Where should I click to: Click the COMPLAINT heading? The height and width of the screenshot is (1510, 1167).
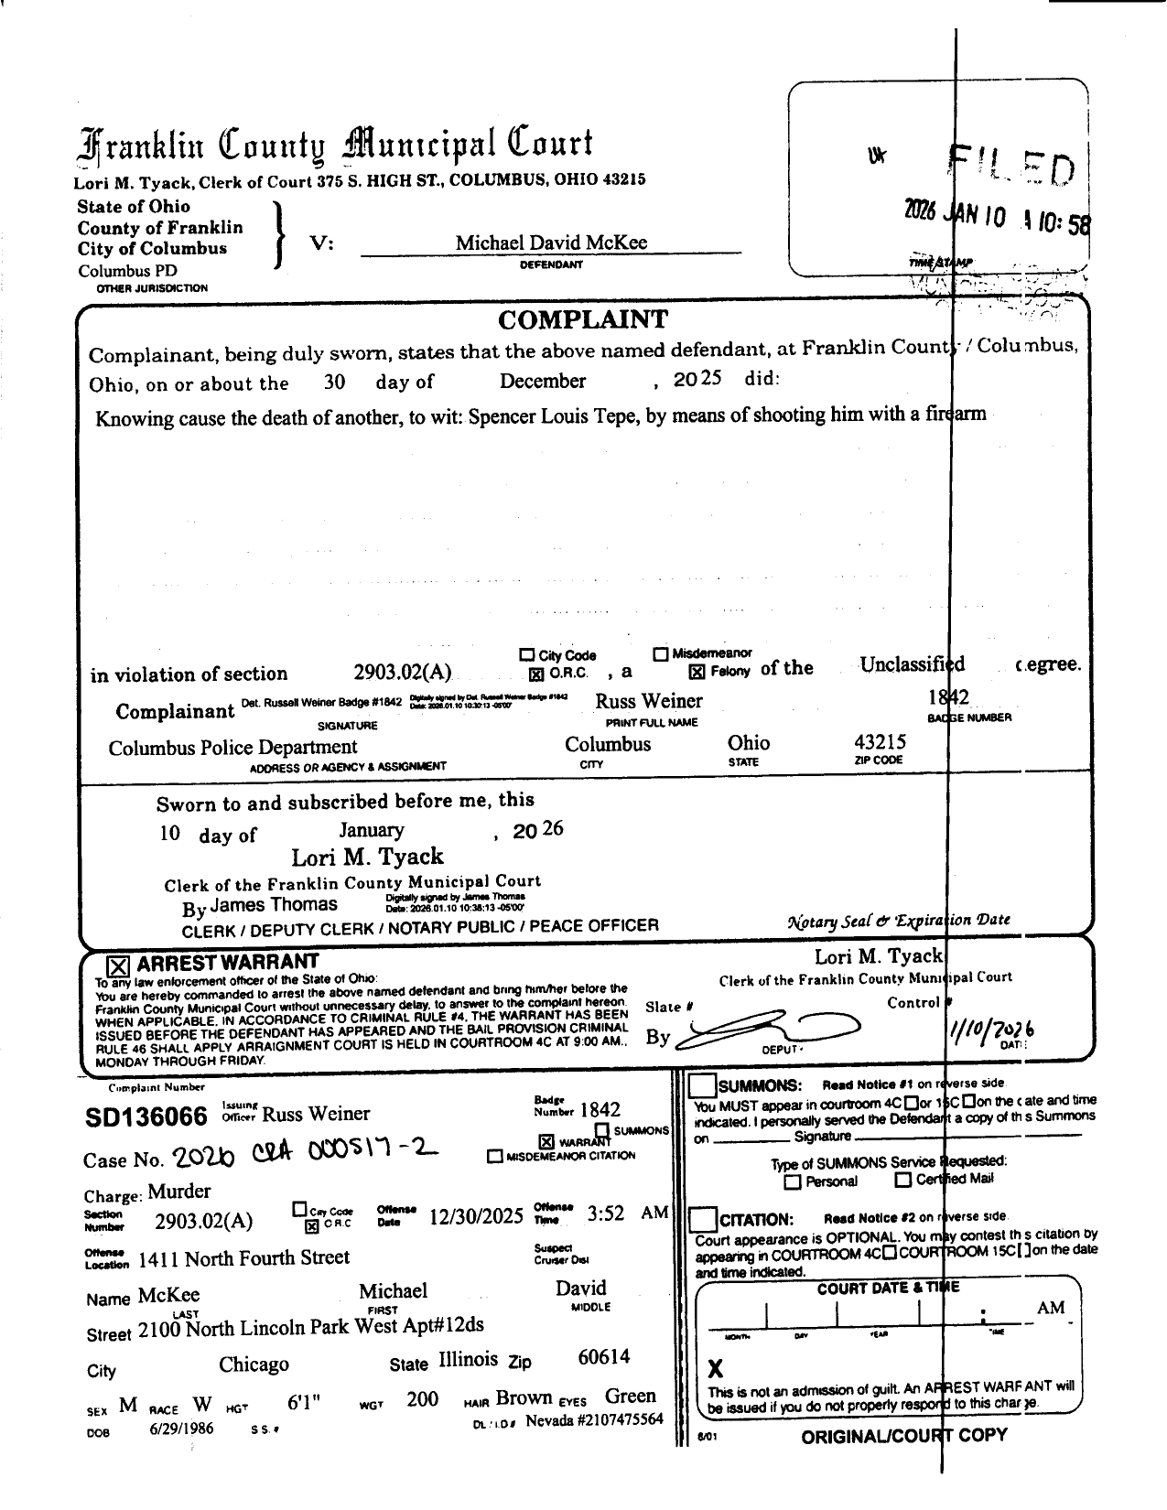(583, 319)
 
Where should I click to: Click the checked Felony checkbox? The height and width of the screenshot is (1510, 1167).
(697, 672)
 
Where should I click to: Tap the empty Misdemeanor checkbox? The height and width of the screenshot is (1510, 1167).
(661, 654)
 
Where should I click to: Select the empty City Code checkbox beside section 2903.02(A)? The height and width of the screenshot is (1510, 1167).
(526, 655)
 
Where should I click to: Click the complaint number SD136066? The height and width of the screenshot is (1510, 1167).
(146, 1117)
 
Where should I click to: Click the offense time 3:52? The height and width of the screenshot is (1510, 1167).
(605, 1213)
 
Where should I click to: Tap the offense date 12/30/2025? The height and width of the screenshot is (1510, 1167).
(476, 1216)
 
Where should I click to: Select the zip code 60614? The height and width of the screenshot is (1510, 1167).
(604, 1357)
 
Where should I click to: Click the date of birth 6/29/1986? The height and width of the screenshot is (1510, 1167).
(181, 1429)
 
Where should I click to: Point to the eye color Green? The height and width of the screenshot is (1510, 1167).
(631, 1397)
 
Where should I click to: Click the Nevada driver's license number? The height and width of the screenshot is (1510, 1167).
(594, 1420)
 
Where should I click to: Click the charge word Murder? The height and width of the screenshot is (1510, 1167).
(179, 1192)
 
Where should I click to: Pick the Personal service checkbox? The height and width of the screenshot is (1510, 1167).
(794, 1181)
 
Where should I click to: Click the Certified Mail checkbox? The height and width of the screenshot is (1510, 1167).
(902, 1180)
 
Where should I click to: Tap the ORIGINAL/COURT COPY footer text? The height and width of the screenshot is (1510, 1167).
(903, 1436)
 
